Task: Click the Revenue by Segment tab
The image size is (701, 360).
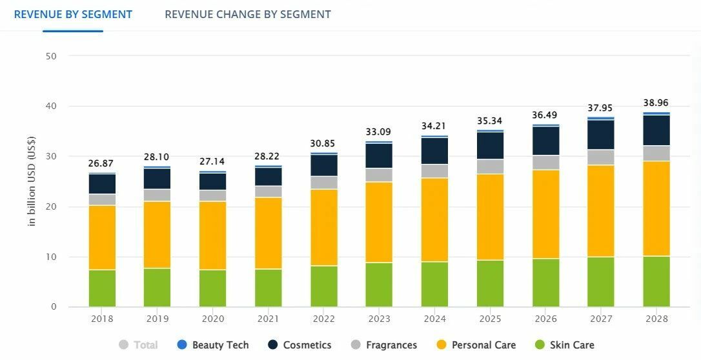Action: [73, 14]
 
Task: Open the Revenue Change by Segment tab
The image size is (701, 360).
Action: [248, 14]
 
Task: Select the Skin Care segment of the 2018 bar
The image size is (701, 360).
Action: [102, 288]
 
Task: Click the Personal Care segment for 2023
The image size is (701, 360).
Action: [379, 222]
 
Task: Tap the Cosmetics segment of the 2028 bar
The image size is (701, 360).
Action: [656, 130]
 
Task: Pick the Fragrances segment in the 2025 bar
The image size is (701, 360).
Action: [490, 166]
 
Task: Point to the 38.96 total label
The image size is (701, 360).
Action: [656, 103]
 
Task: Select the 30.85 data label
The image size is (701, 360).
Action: [323, 143]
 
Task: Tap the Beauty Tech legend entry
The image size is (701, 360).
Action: [214, 345]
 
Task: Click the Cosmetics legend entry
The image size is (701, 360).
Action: [300, 345]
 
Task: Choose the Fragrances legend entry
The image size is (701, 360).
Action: [385, 345]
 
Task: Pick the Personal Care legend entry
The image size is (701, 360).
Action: [477, 345]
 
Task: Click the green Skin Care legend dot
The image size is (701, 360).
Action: [540, 345]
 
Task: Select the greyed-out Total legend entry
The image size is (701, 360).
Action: [139, 345]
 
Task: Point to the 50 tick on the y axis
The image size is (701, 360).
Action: [52, 56]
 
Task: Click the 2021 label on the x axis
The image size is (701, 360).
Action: [268, 319]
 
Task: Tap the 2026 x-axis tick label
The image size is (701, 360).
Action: [545, 319]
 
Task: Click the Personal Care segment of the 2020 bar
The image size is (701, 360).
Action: [212, 235]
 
